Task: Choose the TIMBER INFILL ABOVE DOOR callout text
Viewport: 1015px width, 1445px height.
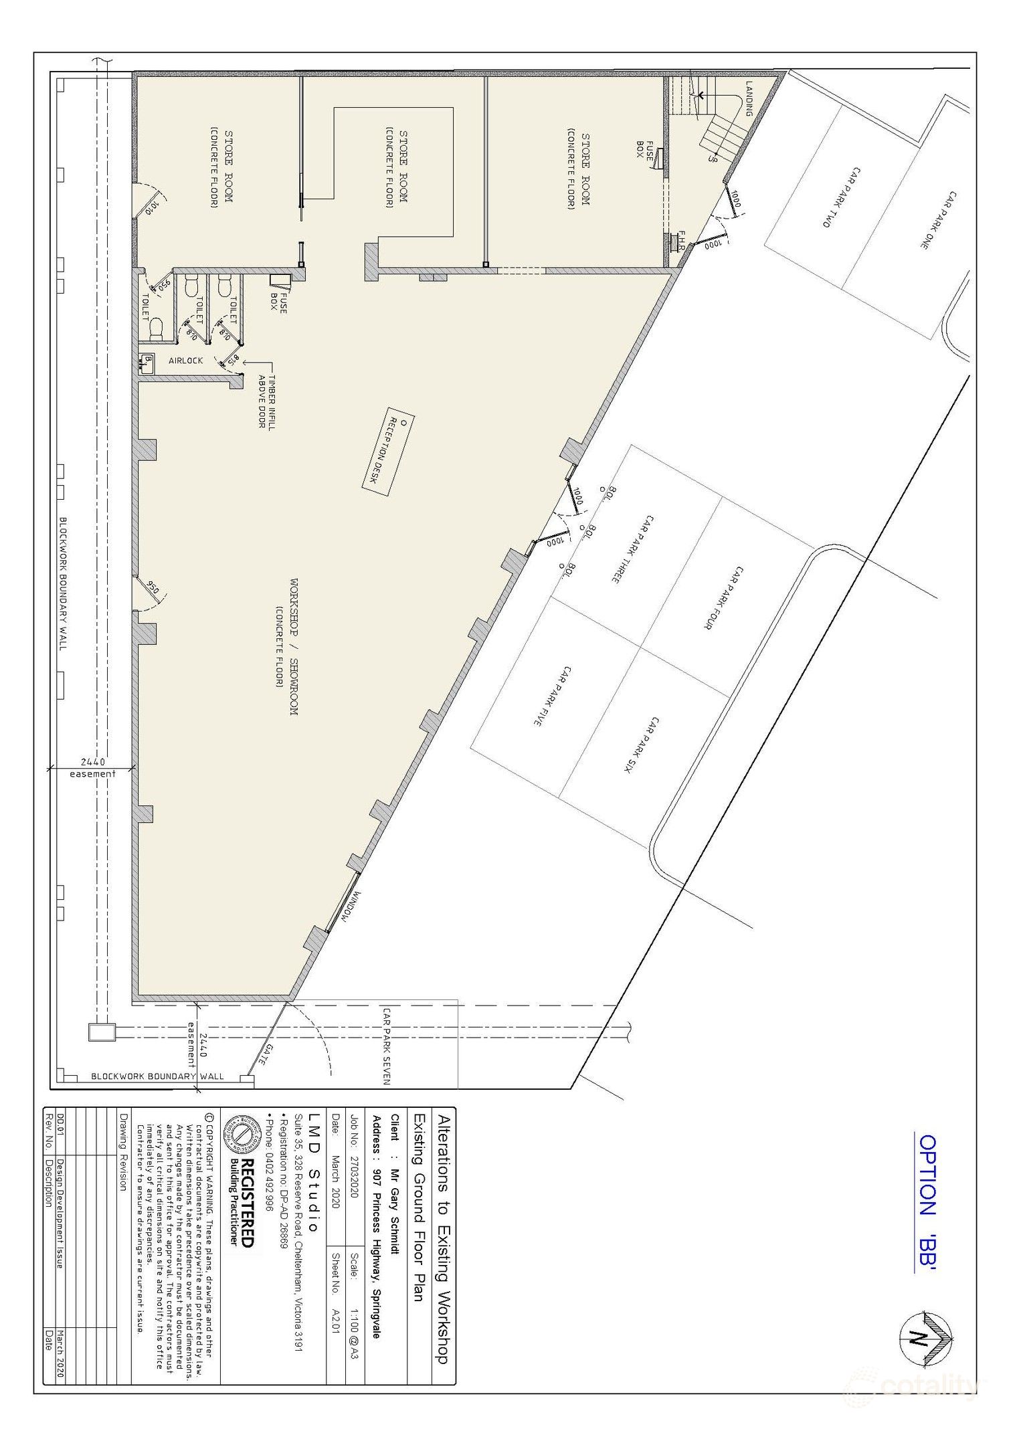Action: [x=266, y=401]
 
